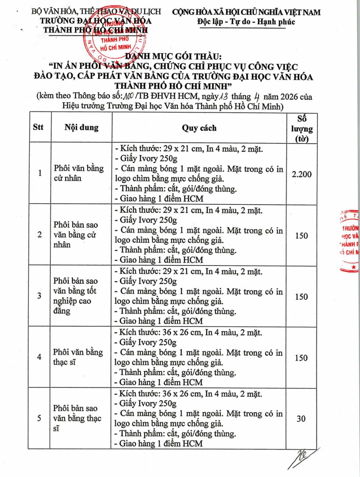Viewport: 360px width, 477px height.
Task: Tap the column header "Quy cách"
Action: pos(199,128)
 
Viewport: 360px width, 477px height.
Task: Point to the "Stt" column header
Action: pos(39,128)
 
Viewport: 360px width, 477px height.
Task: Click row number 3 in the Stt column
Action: pos(39,296)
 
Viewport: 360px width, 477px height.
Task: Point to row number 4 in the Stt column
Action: pos(39,357)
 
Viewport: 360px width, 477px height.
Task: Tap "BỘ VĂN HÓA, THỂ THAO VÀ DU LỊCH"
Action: pos(97,12)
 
